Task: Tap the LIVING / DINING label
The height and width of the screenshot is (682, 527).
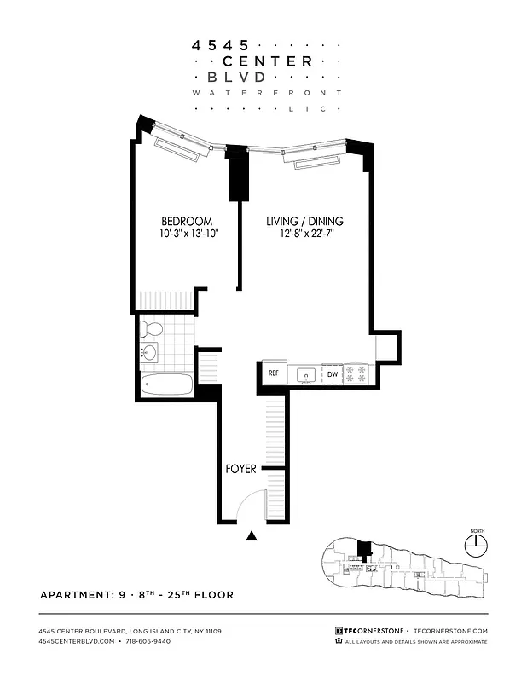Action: click(304, 221)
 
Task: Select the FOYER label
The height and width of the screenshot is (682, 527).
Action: click(240, 469)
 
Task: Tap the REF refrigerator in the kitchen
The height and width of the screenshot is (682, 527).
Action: click(274, 373)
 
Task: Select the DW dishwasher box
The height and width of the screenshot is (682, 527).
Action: click(333, 373)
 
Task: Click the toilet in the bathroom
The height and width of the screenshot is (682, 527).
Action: click(153, 328)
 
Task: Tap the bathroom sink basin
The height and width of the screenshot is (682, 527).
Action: click(150, 354)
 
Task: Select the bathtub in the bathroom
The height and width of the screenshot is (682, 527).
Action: click(167, 385)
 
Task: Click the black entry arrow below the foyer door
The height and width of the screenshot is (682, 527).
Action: click(252, 536)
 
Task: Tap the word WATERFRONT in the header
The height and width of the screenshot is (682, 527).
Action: click(267, 92)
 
